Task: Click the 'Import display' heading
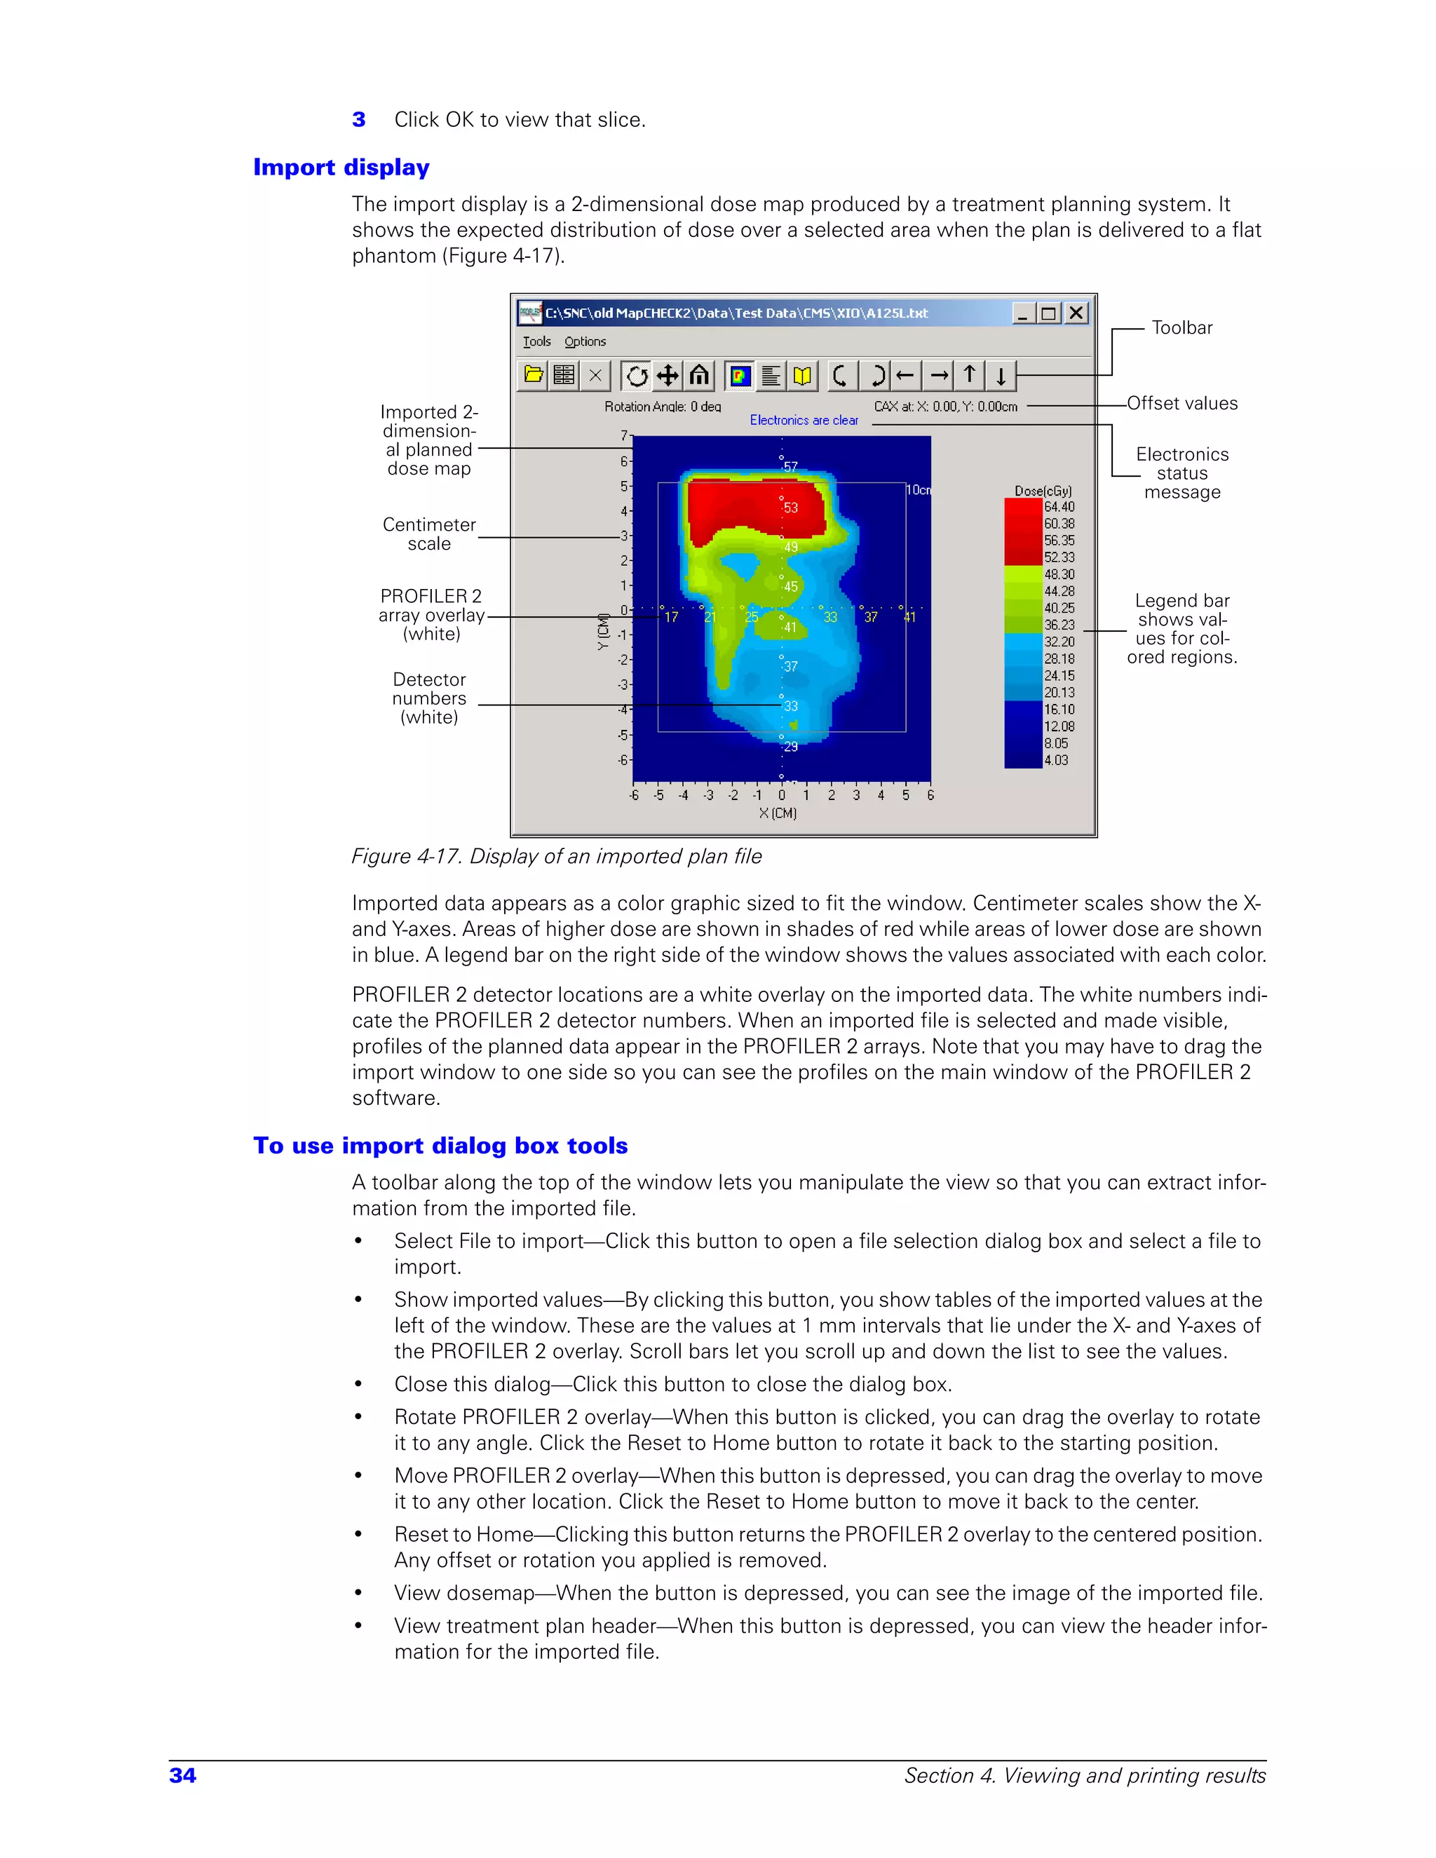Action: point(341,168)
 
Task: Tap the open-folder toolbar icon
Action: point(534,374)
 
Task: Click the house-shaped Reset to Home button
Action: point(699,374)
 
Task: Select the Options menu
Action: point(585,341)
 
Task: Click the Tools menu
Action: point(537,341)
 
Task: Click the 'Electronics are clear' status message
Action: point(804,420)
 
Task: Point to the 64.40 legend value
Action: point(1059,507)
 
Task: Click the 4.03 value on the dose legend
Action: point(1056,761)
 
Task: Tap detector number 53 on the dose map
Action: point(790,508)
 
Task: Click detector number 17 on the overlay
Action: point(671,617)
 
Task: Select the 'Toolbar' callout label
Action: point(1181,327)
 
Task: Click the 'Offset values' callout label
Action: point(1181,403)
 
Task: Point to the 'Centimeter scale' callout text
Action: point(428,534)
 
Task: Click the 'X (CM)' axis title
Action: point(778,813)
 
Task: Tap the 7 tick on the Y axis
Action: point(623,435)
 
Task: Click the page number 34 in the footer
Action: point(183,1775)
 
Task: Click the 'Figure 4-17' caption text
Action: point(556,856)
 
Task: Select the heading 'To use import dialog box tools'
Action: point(440,1146)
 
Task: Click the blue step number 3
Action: point(359,120)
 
